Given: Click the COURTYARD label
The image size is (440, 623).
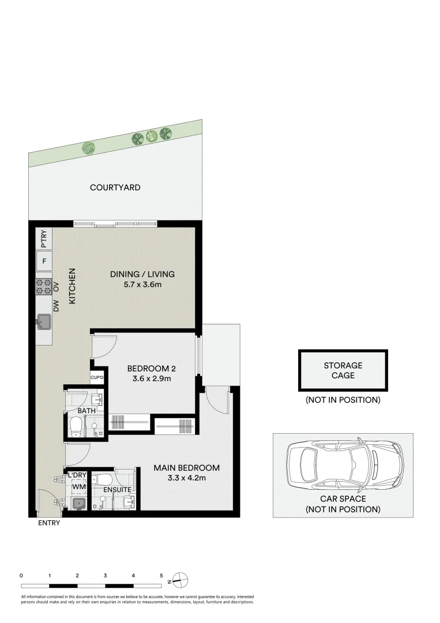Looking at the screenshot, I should pos(115,187).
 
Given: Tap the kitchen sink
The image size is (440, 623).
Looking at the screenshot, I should pos(44,321).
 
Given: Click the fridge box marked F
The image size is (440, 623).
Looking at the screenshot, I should pos(44,261).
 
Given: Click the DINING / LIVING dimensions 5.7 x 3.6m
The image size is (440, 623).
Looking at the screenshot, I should pos(142,285).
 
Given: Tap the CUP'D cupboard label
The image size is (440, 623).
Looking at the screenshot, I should pos(97,378).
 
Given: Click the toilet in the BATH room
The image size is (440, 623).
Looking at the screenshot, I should pos(75,427).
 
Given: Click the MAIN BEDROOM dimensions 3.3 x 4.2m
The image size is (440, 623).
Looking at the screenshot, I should pos(186,478).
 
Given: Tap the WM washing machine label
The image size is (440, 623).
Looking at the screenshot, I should pos(77,487).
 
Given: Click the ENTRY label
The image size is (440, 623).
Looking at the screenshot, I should pos(48,524).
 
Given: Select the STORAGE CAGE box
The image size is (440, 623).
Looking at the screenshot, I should pos(343,370).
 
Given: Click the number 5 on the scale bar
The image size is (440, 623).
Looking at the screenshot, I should pos(161,575).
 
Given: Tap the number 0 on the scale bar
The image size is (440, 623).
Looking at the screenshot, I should pos(21,575).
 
